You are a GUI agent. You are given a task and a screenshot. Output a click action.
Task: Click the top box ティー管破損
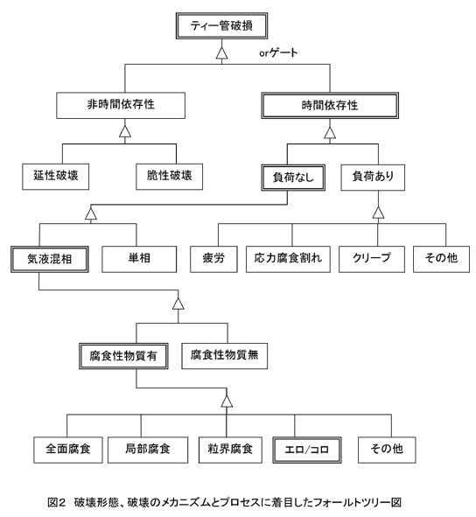pos(221,25)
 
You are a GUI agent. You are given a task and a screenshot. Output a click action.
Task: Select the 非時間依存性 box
pos(121,105)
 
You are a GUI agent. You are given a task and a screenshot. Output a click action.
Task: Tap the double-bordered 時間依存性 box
pos(330,106)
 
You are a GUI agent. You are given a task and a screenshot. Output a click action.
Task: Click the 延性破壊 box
pos(55,177)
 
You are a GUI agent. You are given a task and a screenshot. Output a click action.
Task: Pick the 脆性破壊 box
pos(169,177)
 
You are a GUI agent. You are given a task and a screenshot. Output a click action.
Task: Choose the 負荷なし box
pos(293,178)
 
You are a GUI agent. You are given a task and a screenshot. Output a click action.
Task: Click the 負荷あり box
pos(373,178)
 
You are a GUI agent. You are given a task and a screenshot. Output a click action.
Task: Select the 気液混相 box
pos(50,259)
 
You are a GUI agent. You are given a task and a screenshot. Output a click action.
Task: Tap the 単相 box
pos(139,259)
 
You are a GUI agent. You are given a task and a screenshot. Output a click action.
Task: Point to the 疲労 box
pos(213,259)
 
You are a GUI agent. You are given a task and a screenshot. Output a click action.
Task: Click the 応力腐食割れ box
pos(288,259)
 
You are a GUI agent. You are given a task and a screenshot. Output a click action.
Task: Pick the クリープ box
pos(372,259)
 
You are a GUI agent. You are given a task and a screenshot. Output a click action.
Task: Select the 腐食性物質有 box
pos(123,356)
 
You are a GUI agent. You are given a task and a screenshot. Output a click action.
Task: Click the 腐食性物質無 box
pos(224,356)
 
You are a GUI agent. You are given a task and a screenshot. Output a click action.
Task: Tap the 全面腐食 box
pos(68,450)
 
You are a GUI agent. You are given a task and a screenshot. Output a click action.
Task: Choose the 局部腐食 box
pos(148,450)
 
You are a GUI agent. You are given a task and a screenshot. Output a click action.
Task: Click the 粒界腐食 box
pos(230,450)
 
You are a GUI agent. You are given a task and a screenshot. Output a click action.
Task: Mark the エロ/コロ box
pos(307,450)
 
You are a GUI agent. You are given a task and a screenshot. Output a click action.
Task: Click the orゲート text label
pos(278,52)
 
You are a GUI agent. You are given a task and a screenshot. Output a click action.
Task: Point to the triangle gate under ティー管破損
pos(221,53)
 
